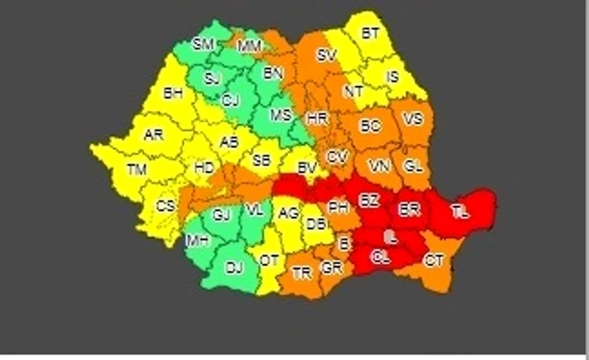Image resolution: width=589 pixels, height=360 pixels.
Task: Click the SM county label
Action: click(x=203, y=45)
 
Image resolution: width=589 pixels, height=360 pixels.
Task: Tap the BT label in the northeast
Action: click(x=370, y=34)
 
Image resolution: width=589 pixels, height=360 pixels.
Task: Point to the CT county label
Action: click(x=434, y=261)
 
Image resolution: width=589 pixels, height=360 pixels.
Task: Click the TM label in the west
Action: click(x=136, y=170)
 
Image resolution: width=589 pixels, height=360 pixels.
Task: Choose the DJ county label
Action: click(x=234, y=269)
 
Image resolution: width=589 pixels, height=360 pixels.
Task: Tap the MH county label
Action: click(x=199, y=241)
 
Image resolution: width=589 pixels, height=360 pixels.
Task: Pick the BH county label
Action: click(x=172, y=93)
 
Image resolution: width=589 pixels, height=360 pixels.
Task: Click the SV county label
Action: click(x=326, y=56)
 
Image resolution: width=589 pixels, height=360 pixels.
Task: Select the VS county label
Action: click(x=413, y=119)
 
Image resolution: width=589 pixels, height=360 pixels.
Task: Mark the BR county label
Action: click(x=410, y=208)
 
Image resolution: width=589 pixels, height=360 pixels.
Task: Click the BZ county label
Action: click(x=369, y=200)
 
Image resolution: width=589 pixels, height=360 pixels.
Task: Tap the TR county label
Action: click(x=300, y=273)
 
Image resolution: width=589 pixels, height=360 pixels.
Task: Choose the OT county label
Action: click(x=268, y=261)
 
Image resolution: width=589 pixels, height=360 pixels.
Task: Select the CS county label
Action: click(x=167, y=206)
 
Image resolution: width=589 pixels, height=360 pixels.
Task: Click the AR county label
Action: click(x=152, y=135)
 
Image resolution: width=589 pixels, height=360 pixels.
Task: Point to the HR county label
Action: click(x=317, y=119)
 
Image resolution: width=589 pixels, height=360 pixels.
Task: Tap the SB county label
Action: click(x=262, y=160)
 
